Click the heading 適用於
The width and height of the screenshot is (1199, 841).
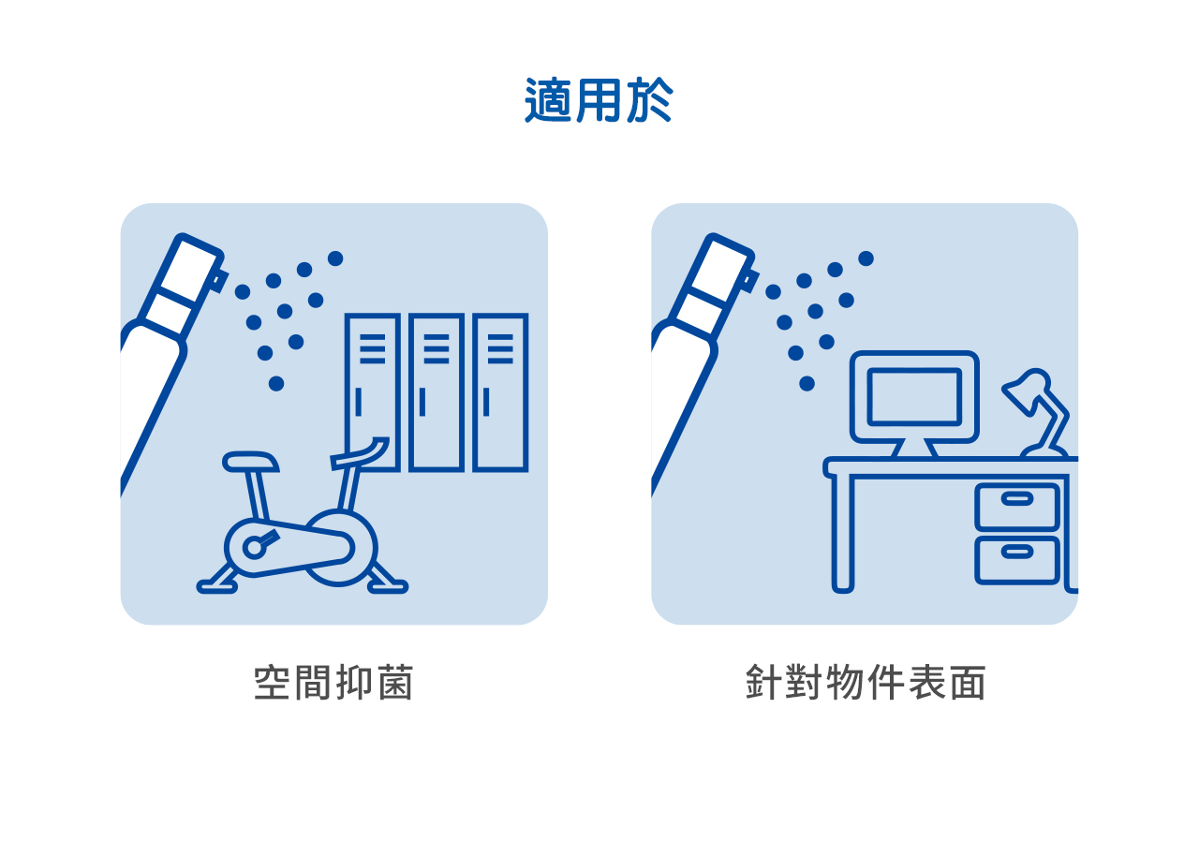click(x=599, y=100)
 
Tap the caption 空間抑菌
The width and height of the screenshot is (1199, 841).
click(x=333, y=683)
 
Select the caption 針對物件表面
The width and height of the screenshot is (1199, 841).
click(x=866, y=683)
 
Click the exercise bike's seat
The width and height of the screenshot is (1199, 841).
click(x=250, y=461)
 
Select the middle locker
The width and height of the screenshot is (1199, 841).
click(x=437, y=392)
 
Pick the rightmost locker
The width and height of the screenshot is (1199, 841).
click(x=500, y=392)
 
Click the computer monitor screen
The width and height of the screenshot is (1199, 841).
click(x=914, y=396)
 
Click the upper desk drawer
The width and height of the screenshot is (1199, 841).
click(x=1017, y=507)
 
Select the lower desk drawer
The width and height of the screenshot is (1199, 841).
click(x=1017, y=560)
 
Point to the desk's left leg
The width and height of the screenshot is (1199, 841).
click(x=843, y=534)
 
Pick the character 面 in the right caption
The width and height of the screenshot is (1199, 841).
click(x=970, y=683)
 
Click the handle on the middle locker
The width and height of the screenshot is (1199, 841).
click(x=422, y=402)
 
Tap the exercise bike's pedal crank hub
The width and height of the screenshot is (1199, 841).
click(x=254, y=546)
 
